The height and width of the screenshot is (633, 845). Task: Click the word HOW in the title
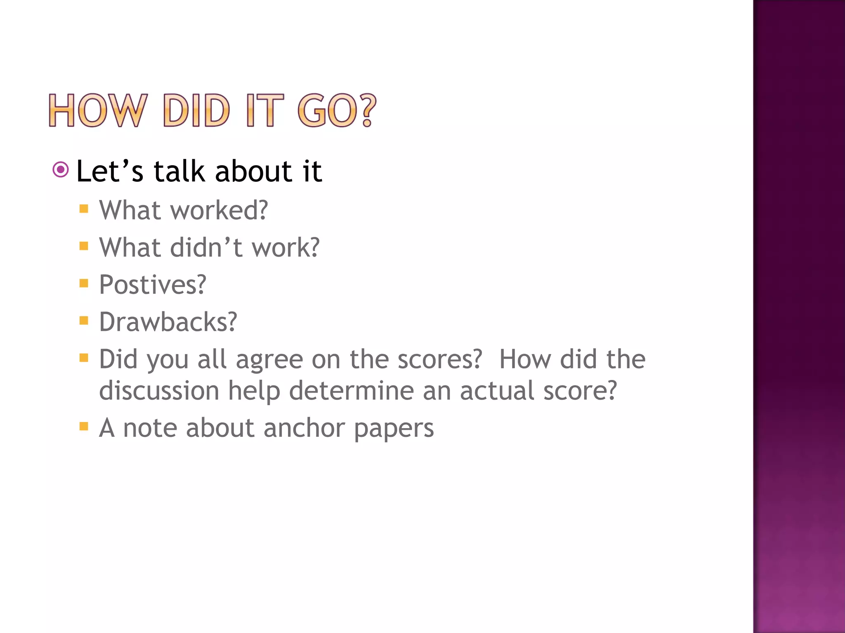tap(97, 110)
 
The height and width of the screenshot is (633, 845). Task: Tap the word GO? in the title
tap(337, 110)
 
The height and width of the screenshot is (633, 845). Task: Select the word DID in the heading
tap(196, 110)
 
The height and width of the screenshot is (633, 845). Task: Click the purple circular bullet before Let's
tap(61, 169)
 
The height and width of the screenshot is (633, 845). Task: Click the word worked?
tap(219, 210)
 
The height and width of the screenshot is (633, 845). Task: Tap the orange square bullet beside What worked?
tap(84, 209)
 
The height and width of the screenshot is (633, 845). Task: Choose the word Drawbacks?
tap(168, 322)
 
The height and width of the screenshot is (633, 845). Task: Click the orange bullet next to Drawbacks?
tap(84, 320)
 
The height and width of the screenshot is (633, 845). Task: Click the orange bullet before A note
tap(84, 426)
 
